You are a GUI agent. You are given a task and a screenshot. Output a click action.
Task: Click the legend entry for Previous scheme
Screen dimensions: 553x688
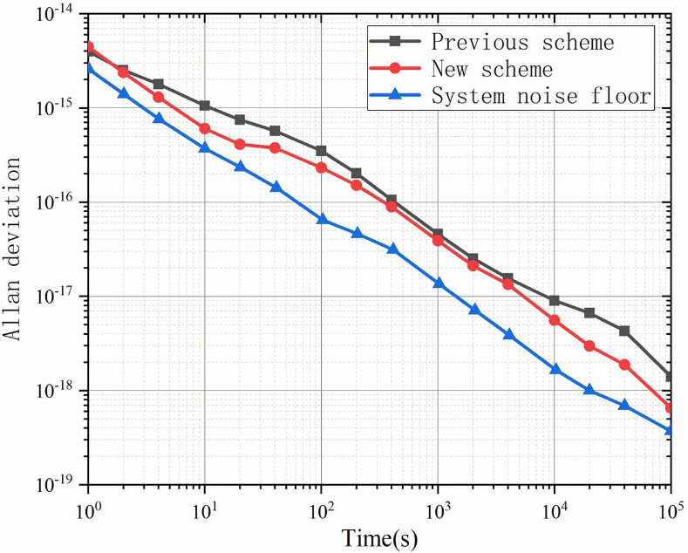[522, 42]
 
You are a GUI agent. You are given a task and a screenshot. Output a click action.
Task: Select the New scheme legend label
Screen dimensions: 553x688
[492, 69]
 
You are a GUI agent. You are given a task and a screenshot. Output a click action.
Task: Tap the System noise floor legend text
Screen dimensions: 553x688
[542, 96]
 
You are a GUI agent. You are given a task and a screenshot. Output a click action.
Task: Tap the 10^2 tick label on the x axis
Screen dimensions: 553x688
[321, 505]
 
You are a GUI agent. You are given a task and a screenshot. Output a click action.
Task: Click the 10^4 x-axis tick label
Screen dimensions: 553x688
[554, 505]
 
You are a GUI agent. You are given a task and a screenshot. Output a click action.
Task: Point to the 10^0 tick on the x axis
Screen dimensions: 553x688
[88, 505]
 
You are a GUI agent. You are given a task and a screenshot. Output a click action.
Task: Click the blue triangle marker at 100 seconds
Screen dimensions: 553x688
[322, 219]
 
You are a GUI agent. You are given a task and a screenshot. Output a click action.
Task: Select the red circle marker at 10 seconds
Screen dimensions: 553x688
[205, 128]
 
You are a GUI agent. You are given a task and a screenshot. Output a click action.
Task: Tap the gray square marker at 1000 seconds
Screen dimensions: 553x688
[438, 234]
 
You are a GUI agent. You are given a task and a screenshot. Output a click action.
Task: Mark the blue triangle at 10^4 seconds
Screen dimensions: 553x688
[555, 369]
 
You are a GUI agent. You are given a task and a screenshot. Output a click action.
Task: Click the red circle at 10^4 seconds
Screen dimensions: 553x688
[555, 320]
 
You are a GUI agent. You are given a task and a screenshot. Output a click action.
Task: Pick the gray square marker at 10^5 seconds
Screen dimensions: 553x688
[670, 377]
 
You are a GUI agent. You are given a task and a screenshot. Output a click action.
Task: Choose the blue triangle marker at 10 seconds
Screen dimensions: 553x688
[205, 147]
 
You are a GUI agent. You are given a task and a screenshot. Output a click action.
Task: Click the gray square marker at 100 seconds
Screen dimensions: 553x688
[322, 151]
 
